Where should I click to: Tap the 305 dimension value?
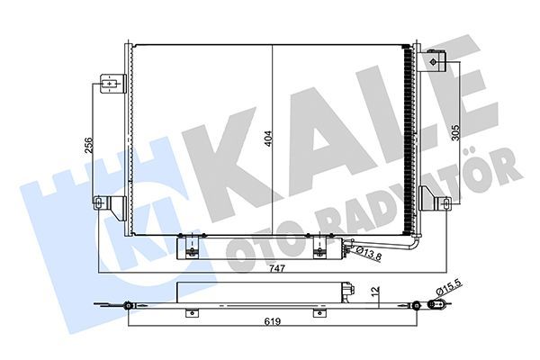(x=456, y=136)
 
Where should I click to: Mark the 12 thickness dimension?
(x=376, y=292)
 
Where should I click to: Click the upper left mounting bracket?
(x=110, y=85)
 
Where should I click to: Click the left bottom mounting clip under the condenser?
(x=190, y=245)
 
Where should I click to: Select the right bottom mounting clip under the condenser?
(x=319, y=245)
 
